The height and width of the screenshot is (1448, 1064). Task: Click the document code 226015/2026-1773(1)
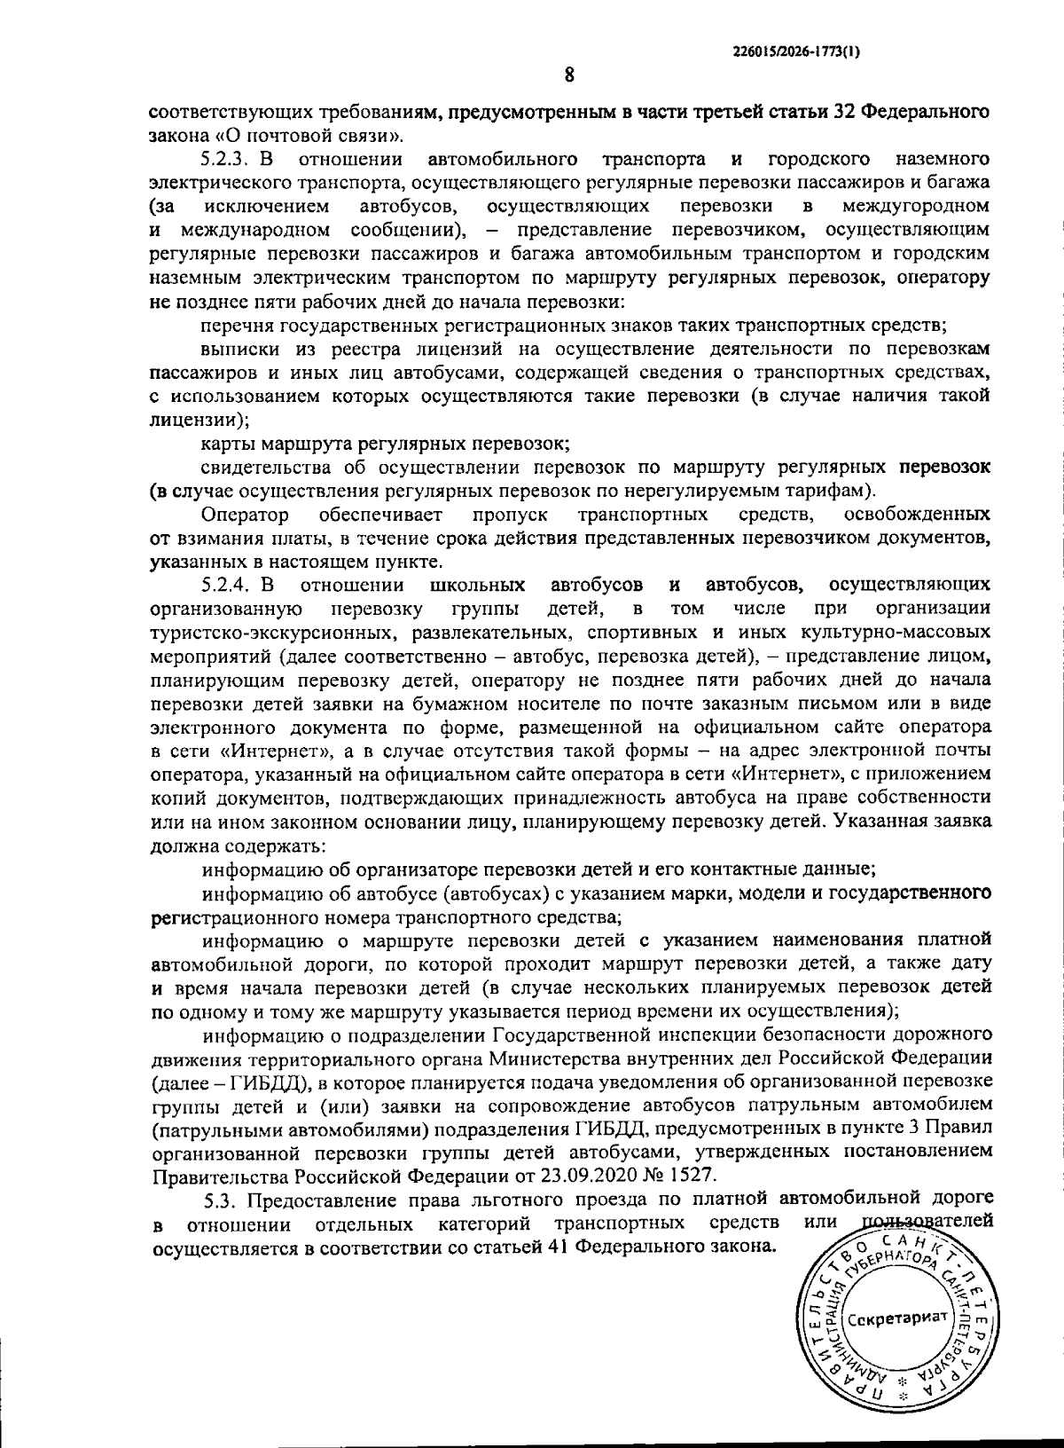(796, 52)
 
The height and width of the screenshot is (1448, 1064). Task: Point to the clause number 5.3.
(221, 1201)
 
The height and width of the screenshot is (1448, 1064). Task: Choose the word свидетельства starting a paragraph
(256, 467)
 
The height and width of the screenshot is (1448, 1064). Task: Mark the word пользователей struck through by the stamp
(927, 1224)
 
